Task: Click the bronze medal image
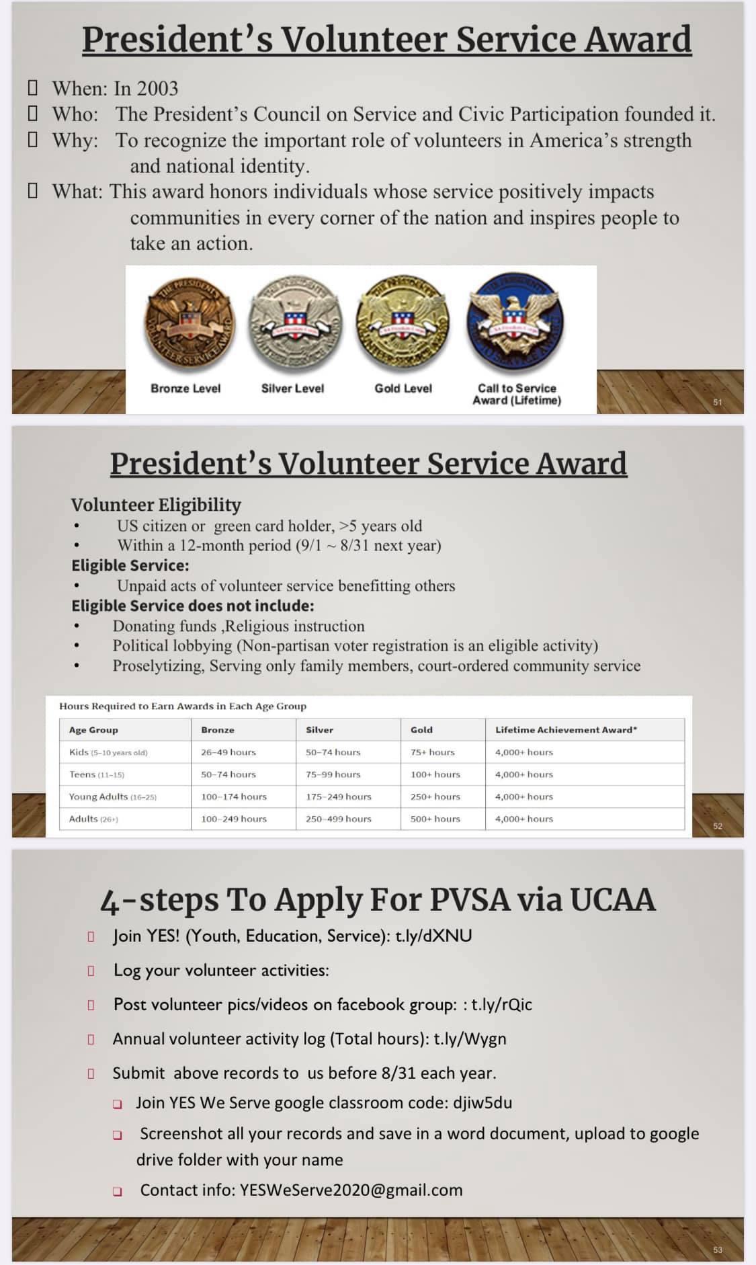[x=190, y=325]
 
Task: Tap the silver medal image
[x=294, y=327]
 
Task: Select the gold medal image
[x=403, y=325]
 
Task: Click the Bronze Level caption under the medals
[x=185, y=389]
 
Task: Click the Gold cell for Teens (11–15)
[x=435, y=774]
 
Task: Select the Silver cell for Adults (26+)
[x=338, y=819]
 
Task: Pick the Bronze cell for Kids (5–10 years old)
[x=228, y=752]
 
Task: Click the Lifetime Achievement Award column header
[x=566, y=730]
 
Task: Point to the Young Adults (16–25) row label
[x=112, y=797]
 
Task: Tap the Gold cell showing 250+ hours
[x=435, y=797]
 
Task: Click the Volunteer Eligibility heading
[x=156, y=505]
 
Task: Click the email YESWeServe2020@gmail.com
[x=351, y=1190]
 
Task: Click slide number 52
[x=718, y=826]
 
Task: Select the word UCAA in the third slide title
[x=613, y=900]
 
